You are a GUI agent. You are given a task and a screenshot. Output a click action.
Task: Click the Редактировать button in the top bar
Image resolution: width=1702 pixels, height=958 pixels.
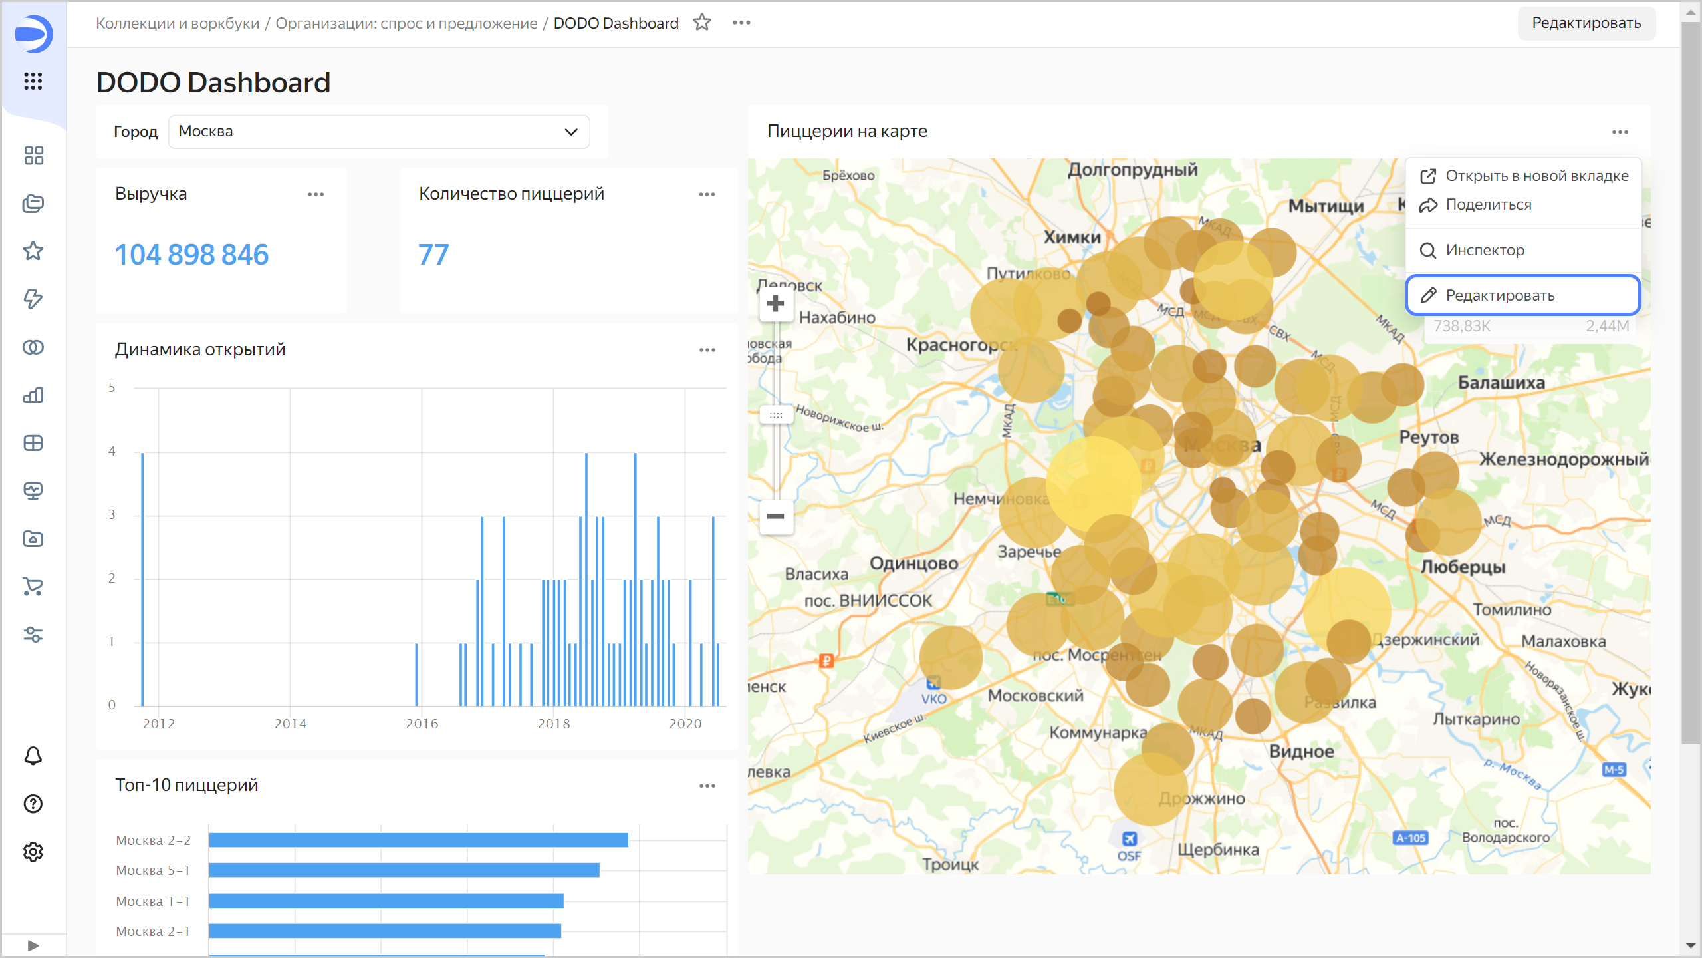tap(1586, 23)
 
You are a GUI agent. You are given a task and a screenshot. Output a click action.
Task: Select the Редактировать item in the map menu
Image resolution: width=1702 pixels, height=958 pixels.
tap(1522, 295)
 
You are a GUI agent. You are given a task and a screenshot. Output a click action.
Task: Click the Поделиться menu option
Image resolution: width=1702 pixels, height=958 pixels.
tap(1488, 205)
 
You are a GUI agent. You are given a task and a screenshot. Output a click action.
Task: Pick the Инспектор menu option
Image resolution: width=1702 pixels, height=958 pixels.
tap(1485, 251)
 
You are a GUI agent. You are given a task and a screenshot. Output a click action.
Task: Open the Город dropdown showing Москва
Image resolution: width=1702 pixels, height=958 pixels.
tap(378, 132)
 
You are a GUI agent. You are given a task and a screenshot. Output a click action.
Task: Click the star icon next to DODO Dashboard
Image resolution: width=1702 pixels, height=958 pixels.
tap(702, 23)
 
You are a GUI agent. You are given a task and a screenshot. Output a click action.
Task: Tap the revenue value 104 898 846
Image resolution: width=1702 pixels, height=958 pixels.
tap(191, 255)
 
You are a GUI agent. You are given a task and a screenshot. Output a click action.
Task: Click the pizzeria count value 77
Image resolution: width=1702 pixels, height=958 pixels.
tap(433, 255)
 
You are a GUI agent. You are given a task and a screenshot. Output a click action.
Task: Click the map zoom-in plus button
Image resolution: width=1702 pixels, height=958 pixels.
tap(775, 304)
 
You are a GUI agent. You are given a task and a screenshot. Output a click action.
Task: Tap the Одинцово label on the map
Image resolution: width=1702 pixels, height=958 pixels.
tap(913, 563)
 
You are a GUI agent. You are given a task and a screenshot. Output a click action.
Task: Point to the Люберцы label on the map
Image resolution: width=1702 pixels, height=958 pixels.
tap(1463, 567)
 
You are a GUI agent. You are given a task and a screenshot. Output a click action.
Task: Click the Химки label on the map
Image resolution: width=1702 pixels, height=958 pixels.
tap(1072, 237)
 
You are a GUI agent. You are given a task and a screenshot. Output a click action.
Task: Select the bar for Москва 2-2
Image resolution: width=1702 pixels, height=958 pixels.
tap(418, 840)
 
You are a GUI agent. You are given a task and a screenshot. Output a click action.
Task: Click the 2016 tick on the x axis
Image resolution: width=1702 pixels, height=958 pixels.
tap(422, 724)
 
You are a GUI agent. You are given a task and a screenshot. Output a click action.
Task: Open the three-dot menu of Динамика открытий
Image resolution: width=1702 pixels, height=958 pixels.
tap(707, 350)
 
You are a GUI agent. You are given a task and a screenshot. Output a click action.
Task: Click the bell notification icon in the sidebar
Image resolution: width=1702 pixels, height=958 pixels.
tap(33, 756)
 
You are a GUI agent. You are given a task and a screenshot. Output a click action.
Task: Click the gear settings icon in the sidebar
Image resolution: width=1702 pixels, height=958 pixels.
tap(33, 852)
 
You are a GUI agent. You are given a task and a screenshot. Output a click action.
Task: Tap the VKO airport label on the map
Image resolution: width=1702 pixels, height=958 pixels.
tap(933, 699)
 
